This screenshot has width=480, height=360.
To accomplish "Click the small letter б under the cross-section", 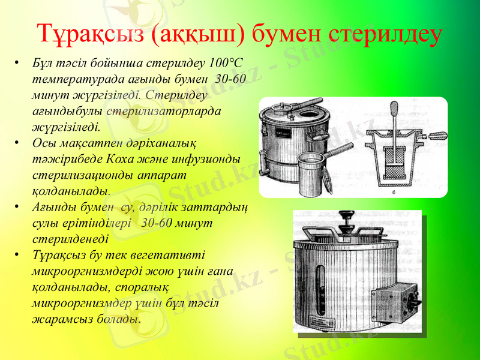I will pos(393,193).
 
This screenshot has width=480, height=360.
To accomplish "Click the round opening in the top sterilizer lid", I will pos(311,113).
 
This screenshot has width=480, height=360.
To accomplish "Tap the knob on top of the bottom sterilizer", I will pos(347,216).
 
